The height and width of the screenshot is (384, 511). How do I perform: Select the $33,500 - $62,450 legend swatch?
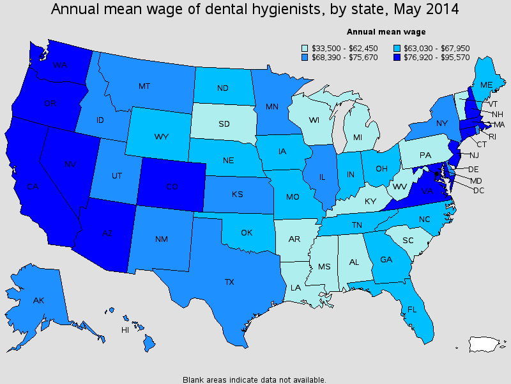pos(305,47)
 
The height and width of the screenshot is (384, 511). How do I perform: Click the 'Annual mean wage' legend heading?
pos(386,31)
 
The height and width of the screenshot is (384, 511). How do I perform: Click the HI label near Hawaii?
pos(125,330)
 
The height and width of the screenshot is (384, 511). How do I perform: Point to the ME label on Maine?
pos(486,85)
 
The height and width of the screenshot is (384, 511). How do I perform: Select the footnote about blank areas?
pos(254,379)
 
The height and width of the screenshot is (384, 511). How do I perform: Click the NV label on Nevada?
pos(70,165)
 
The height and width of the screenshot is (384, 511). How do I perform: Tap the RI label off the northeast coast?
pos(491,136)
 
